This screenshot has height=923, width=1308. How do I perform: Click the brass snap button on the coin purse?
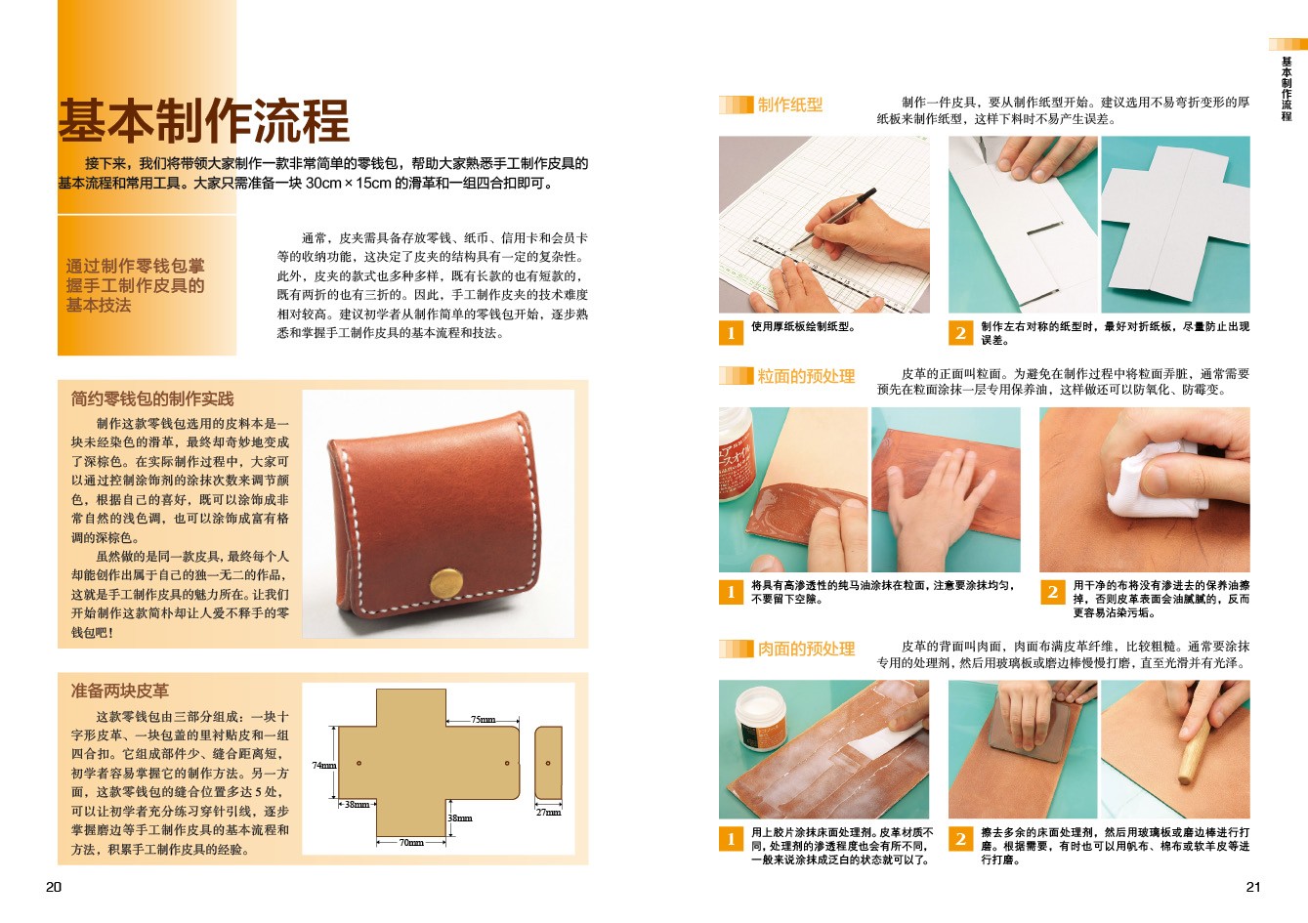coord(446,583)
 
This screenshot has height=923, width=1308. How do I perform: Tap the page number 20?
coord(53,887)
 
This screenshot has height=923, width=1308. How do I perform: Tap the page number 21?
coord(1253,887)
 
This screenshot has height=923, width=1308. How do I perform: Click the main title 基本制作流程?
coord(204,121)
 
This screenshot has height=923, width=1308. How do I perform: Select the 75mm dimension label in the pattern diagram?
coord(483,719)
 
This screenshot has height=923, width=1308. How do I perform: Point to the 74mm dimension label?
coord(324,765)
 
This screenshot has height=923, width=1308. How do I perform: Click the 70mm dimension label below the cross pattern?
coord(411,843)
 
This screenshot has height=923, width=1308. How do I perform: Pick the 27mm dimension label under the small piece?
coord(548,812)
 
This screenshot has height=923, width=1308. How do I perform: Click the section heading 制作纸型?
coord(790,105)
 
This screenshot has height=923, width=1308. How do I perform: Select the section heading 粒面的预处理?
coord(806,376)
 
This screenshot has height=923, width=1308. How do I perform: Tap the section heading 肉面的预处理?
coord(806,649)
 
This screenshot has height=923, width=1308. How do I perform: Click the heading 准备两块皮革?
coord(120,691)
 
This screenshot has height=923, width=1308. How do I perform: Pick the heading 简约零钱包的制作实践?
coord(152,399)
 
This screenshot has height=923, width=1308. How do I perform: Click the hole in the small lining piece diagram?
coord(548,763)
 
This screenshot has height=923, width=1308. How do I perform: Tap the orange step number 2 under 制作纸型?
coord(960,333)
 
